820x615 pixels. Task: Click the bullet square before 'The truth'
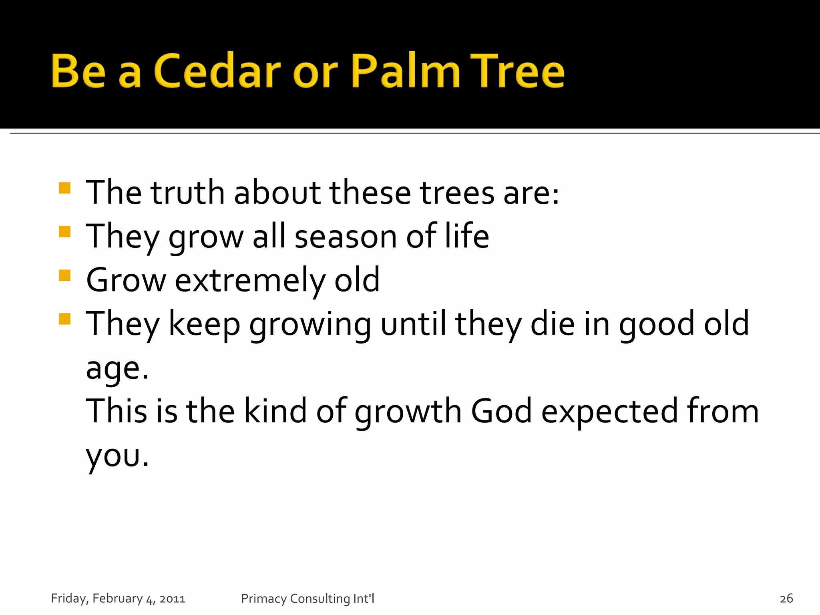pyautogui.click(x=64, y=188)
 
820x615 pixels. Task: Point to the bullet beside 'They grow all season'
pyautogui.click(x=64, y=232)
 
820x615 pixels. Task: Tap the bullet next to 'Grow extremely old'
pyautogui.click(x=64, y=275)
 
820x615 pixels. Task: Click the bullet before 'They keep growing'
pyautogui.click(x=64, y=319)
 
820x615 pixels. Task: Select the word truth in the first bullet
pyautogui.click(x=187, y=193)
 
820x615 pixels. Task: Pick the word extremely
pyautogui.click(x=250, y=280)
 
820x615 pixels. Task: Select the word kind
pyautogui.click(x=275, y=411)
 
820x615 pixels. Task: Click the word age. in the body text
pyautogui.click(x=117, y=368)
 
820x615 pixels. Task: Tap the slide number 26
pyautogui.click(x=786, y=598)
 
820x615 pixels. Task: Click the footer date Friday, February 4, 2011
pyautogui.click(x=118, y=598)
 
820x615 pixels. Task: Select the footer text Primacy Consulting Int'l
pyautogui.click(x=307, y=598)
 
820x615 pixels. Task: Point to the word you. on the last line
pyautogui.click(x=117, y=456)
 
